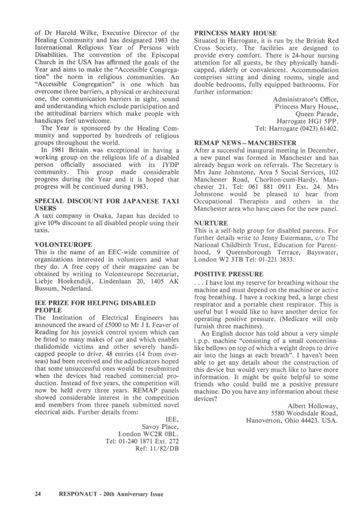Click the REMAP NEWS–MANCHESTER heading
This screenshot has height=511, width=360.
pos(245,142)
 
